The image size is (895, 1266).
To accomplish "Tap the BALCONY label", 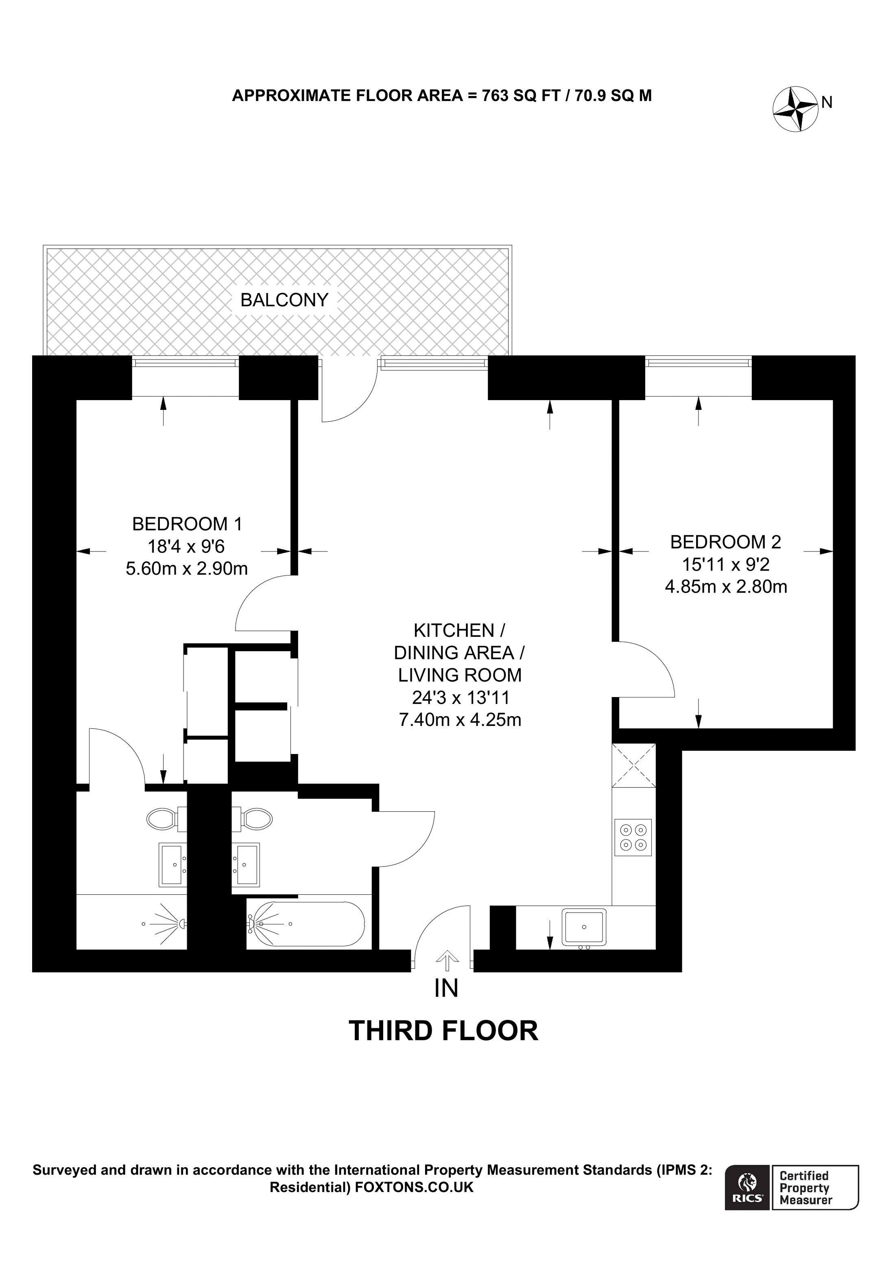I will pyautogui.click(x=284, y=300).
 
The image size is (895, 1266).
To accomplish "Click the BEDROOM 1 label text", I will pyautogui.click(x=187, y=523).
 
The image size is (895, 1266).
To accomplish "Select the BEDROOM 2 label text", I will pyautogui.click(x=725, y=542).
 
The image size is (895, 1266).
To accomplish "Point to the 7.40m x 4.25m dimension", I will pyautogui.click(x=460, y=719).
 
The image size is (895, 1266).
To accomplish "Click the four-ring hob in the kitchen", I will pyautogui.click(x=633, y=837).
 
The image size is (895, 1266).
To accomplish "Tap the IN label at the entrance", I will pyautogui.click(x=446, y=988).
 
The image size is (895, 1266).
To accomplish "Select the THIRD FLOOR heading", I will pyautogui.click(x=443, y=1031).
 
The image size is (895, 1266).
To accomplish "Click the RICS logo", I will pyautogui.click(x=747, y=1187).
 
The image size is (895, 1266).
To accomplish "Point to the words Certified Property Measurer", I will pyautogui.click(x=805, y=1187).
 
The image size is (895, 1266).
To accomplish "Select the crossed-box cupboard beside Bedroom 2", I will pyautogui.click(x=633, y=766).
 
